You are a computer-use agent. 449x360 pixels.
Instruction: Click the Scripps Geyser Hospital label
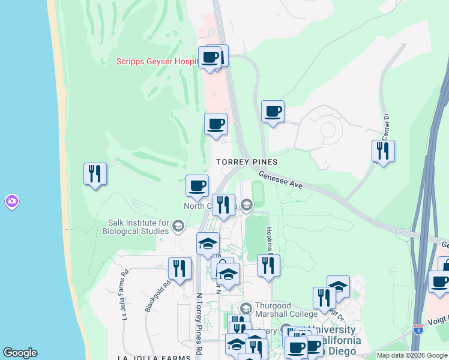157,61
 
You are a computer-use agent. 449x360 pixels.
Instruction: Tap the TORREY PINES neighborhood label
247,162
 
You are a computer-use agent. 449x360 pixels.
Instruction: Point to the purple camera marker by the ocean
11,202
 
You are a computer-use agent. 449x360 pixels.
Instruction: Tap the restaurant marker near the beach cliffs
95,174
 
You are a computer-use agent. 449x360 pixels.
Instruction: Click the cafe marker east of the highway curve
273,111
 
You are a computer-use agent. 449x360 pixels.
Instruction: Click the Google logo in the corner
20,353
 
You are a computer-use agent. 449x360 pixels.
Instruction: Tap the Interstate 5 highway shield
418,329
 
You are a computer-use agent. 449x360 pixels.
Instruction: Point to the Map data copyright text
411,355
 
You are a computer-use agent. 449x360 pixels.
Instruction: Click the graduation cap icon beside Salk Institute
178,226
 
